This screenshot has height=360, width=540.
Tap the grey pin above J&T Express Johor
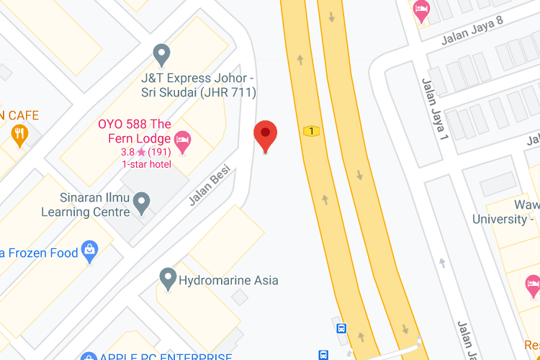[162, 53]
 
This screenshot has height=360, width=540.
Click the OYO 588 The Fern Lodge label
[135, 131]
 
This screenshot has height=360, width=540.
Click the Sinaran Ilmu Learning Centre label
[86, 205]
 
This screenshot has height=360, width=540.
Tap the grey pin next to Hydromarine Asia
[168, 278]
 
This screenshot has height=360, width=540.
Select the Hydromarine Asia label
[228, 280]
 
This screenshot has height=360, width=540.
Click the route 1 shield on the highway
[311, 131]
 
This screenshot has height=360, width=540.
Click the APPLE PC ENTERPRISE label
[166, 356]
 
